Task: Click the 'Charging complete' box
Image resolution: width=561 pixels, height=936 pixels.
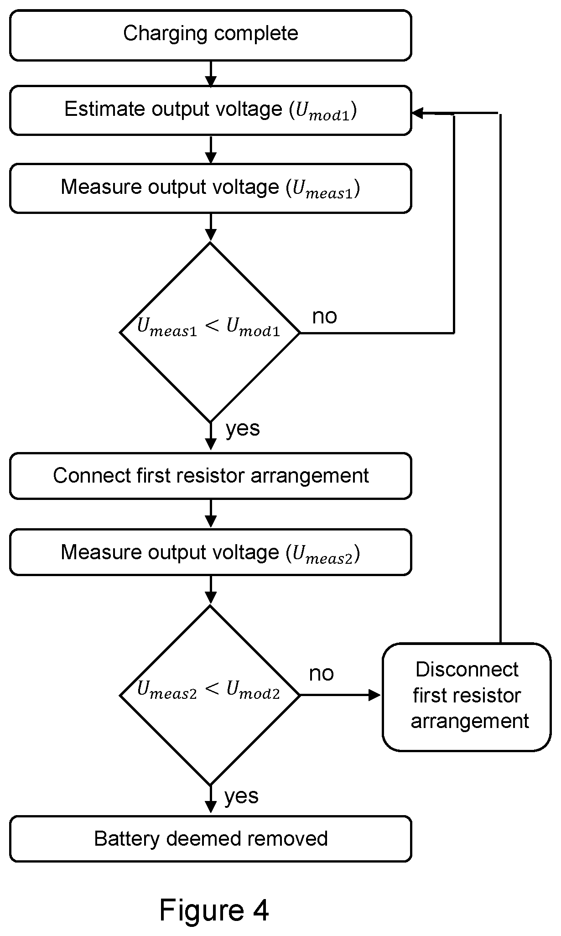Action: point(211,35)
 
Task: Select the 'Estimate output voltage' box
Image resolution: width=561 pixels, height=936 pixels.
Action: point(211,110)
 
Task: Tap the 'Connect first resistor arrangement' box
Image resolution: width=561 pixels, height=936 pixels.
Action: point(211,476)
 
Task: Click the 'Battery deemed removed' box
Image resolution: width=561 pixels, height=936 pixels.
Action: point(211,839)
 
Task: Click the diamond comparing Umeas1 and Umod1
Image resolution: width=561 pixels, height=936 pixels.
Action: point(210,333)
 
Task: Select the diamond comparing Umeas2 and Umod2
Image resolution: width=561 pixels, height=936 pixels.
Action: point(210,695)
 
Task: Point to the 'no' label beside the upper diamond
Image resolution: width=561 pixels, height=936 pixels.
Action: point(324,316)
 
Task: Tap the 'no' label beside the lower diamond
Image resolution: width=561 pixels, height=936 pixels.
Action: point(322,673)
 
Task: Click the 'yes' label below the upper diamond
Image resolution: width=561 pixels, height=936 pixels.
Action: point(243,429)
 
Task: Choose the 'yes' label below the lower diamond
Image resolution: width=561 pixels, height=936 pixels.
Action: point(241,796)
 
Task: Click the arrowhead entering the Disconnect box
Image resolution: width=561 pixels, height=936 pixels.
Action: point(375,695)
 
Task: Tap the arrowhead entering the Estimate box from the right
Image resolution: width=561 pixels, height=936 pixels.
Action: point(418,113)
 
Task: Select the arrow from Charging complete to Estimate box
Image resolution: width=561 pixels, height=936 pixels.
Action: point(211,73)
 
